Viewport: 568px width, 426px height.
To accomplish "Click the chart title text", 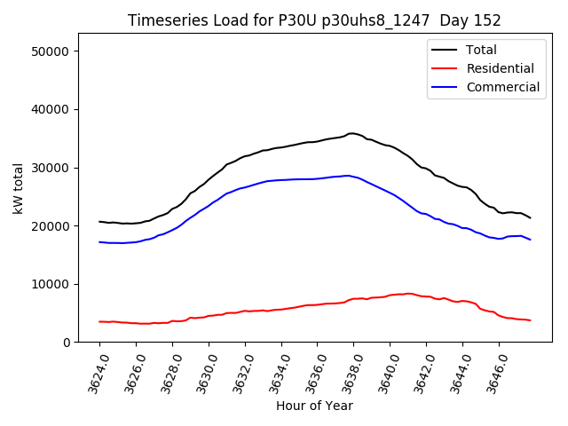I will (314, 20).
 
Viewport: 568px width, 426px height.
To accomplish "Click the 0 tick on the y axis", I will (66, 343).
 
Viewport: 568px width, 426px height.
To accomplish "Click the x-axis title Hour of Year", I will (314, 406).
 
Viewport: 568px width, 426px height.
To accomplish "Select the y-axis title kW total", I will (18, 188).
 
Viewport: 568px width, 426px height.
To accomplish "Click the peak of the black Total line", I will (351, 133).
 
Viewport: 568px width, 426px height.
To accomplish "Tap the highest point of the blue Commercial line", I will (347, 176).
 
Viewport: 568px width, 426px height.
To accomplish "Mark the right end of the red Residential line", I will (530, 320).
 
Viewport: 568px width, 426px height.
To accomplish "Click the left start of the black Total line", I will (99, 222).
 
